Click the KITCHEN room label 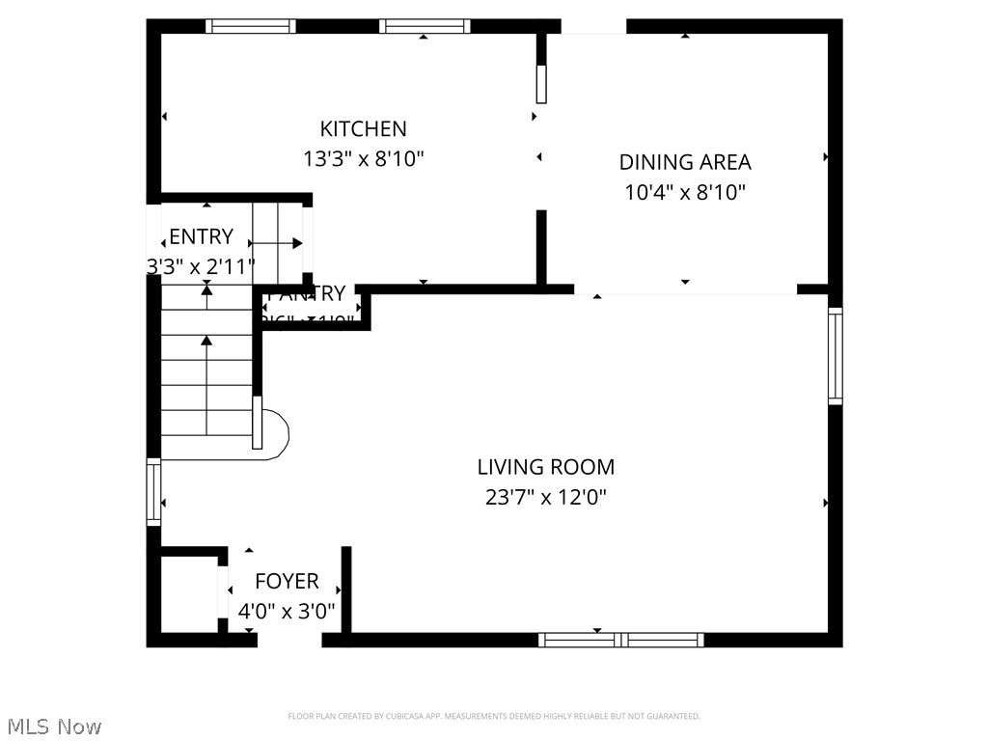[363, 128]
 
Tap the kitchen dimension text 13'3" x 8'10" [363, 159]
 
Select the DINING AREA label [684, 162]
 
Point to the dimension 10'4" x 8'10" [684, 193]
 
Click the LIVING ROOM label [545, 467]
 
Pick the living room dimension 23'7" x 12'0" [545, 498]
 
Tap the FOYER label [287, 581]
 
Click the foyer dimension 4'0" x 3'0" [287, 611]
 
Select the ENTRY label [201, 236]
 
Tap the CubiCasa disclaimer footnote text [493, 716]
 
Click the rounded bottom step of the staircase [275, 433]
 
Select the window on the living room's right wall [835, 355]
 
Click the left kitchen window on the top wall [251, 26]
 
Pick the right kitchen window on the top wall [425, 26]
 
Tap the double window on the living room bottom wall [620, 639]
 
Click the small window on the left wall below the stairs [153, 492]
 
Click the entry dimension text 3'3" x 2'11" [201, 266]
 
